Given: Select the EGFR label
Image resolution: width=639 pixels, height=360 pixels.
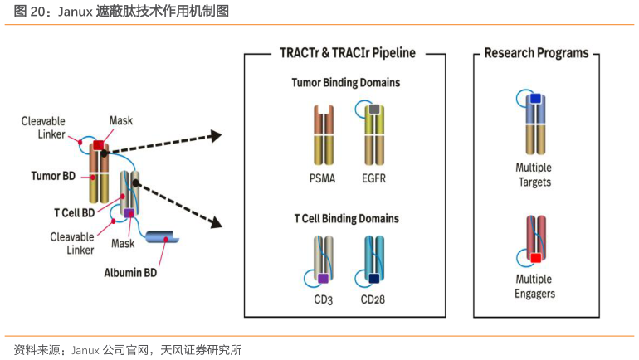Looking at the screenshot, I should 374,178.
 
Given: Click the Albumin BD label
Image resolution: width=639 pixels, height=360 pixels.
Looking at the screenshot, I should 130,271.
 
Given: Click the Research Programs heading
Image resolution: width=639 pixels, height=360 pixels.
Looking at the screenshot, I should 536,53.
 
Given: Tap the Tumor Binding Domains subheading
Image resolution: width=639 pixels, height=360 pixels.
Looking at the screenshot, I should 346,83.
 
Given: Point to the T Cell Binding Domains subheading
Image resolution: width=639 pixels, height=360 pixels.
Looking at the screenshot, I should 346,219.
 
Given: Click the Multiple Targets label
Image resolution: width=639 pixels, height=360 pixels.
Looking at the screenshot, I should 534,175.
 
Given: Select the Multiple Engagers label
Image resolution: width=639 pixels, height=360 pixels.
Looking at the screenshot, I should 534,286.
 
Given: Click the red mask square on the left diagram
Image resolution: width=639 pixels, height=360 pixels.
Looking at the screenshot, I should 99,147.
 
